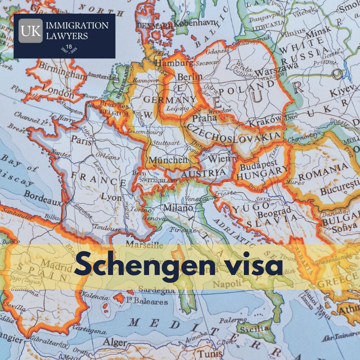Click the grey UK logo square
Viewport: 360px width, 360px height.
pyautogui.click(x=30, y=31)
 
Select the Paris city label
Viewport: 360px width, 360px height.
pyautogui.click(x=82, y=141)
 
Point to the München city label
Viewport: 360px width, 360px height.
pyautogui.click(x=168, y=160)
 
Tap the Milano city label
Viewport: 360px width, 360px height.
pyautogui.click(x=178, y=208)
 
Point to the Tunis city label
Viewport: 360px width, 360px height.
pyautogui.click(x=210, y=353)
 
